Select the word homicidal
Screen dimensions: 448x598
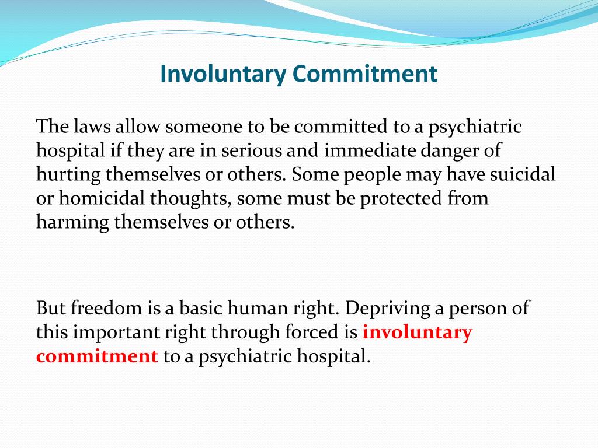99,198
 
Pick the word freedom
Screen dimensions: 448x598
102,308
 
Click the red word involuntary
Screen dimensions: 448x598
417,332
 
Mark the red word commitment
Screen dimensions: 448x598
97,356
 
